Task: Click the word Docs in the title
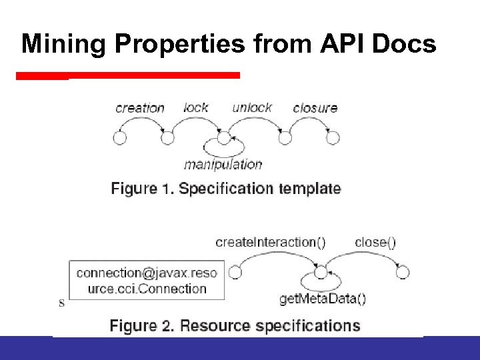[404, 44]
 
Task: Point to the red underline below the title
[127, 75]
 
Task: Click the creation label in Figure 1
[140, 108]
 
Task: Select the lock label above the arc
[196, 107]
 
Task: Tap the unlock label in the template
[252, 107]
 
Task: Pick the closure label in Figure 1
[315, 107]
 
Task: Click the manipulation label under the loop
[223, 164]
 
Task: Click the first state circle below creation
[120, 138]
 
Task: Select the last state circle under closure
[333, 138]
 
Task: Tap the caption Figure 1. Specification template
[226, 189]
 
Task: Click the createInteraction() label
[271, 242]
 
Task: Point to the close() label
[375, 242]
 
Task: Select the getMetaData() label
[323, 299]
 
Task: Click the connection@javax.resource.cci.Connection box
[147, 281]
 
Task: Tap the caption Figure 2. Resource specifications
[235, 326]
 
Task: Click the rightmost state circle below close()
[403, 272]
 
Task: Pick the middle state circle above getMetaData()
[321, 272]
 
